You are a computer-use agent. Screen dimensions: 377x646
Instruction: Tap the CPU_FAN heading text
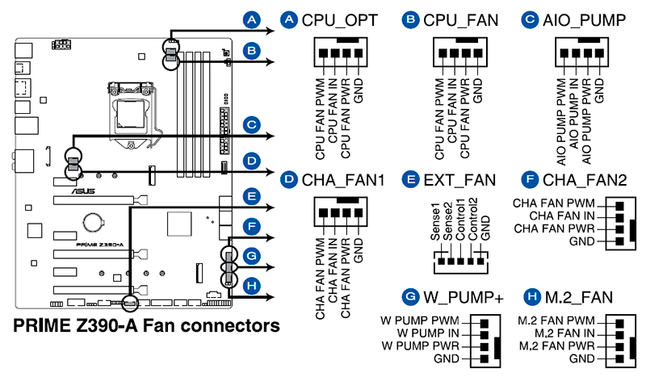[460, 19]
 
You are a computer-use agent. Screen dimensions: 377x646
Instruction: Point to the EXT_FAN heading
[465, 178]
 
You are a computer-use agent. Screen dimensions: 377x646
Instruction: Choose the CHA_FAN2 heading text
[585, 178]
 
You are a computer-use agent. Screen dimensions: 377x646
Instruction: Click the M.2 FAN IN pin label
[558, 333]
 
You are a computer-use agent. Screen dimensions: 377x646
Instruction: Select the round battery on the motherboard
[93, 218]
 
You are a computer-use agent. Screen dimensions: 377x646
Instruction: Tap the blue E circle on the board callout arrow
[252, 195]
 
